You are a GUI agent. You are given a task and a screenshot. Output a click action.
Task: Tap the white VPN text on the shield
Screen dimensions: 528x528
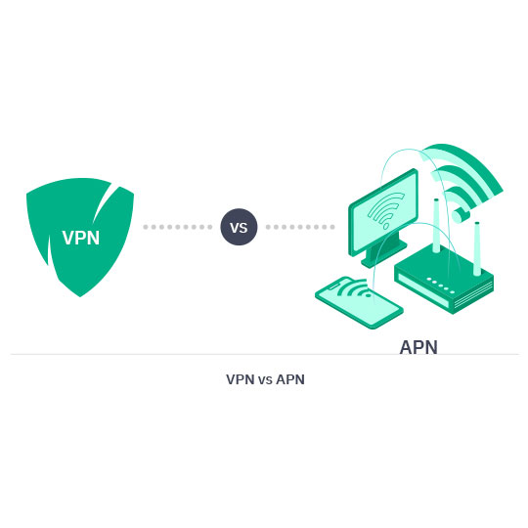[80, 238]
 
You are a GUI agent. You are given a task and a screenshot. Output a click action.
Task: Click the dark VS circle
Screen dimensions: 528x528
[239, 227]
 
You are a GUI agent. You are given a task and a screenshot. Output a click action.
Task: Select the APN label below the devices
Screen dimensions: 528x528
[418, 347]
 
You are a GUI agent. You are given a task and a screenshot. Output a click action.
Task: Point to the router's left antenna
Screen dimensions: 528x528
[435, 225]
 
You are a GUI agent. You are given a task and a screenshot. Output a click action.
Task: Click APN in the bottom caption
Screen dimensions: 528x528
[290, 379]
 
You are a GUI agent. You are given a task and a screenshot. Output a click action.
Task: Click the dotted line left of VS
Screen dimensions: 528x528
[177, 227]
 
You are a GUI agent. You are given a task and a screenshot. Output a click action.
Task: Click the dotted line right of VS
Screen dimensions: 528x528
[300, 227]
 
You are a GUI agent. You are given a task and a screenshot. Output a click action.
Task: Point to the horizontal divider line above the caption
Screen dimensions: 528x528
[264, 354]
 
